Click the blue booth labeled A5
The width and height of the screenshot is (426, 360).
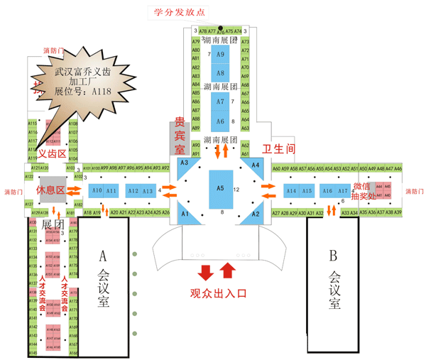coord(221,188)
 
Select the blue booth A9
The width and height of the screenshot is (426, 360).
coord(221,55)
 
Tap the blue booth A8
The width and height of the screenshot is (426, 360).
coord(221,72)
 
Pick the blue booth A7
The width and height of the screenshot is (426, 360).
coord(221,102)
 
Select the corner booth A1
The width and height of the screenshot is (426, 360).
coord(185,212)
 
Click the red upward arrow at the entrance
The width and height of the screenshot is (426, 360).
coord(228,271)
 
